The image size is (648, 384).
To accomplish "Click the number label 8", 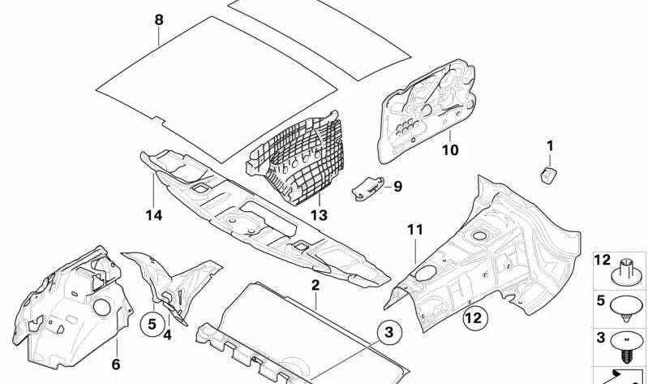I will click(159, 19).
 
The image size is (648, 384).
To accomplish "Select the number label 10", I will click(449, 150).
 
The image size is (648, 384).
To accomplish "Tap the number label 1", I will click(549, 146).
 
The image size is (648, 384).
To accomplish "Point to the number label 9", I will click(397, 186).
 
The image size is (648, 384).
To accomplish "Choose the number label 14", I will click(154, 215).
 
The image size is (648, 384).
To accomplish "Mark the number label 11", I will click(414, 231).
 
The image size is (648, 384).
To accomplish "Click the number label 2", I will click(315, 285).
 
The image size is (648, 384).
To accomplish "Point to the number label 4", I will click(166, 333).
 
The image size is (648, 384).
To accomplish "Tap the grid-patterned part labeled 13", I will click(296, 162).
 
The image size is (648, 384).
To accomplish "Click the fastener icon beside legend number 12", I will click(625, 269).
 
